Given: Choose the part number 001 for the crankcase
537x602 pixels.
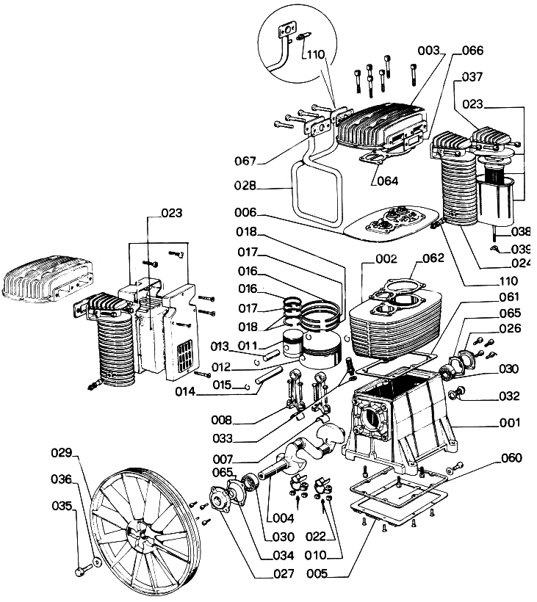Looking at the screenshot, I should click(509, 423).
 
